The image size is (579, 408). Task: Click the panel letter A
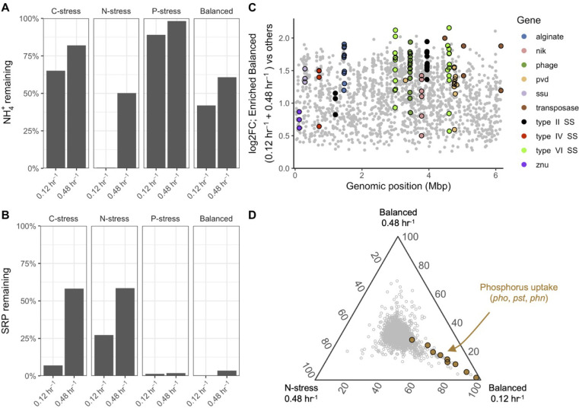[x=5, y=7]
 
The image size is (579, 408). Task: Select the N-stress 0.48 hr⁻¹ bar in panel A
[x=126, y=130]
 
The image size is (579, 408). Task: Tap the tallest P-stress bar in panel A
[x=177, y=94]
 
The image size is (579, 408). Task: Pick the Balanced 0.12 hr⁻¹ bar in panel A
[x=206, y=137]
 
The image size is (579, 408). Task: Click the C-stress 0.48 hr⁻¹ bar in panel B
[x=75, y=332]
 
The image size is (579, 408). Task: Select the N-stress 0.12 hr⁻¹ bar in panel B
[x=104, y=355]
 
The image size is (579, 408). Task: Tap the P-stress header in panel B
[x=165, y=218]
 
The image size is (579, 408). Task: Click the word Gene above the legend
[x=529, y=20]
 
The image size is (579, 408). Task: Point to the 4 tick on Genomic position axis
[x=428, y=174]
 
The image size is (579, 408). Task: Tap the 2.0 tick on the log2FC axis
[x=284, y=38]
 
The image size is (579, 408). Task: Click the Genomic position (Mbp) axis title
[x=399, y=186]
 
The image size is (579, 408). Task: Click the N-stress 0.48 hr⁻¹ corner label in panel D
[x=301, y=394]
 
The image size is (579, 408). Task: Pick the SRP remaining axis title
[x=6, y=301]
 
